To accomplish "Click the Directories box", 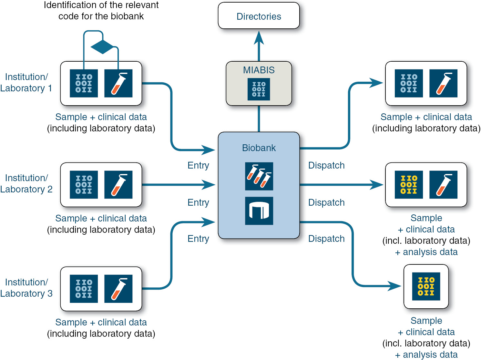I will click(259, 16).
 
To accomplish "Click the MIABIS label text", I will click(259, 70).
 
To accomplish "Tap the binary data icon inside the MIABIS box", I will click(259, 89).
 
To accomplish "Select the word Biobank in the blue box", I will click(259, 148).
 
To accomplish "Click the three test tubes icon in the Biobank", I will click(259, 176).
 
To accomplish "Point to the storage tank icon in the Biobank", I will click(259, 211).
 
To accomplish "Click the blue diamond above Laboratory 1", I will click(102, 47).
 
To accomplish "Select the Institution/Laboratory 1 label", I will click(26, 83).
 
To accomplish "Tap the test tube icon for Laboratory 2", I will click(118, 185).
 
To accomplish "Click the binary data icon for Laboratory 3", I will click(84, 289).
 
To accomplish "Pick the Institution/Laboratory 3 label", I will click(26, 288).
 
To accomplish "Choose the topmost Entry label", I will click(198, 165).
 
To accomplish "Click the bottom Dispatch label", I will click(326, 239).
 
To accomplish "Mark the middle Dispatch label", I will click(326, 202).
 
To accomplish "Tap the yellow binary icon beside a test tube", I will click(409, 185).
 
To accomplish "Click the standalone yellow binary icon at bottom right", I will click(426, 286).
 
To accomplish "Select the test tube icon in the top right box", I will click(443, 83).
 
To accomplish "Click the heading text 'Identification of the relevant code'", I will click(101, 10).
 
